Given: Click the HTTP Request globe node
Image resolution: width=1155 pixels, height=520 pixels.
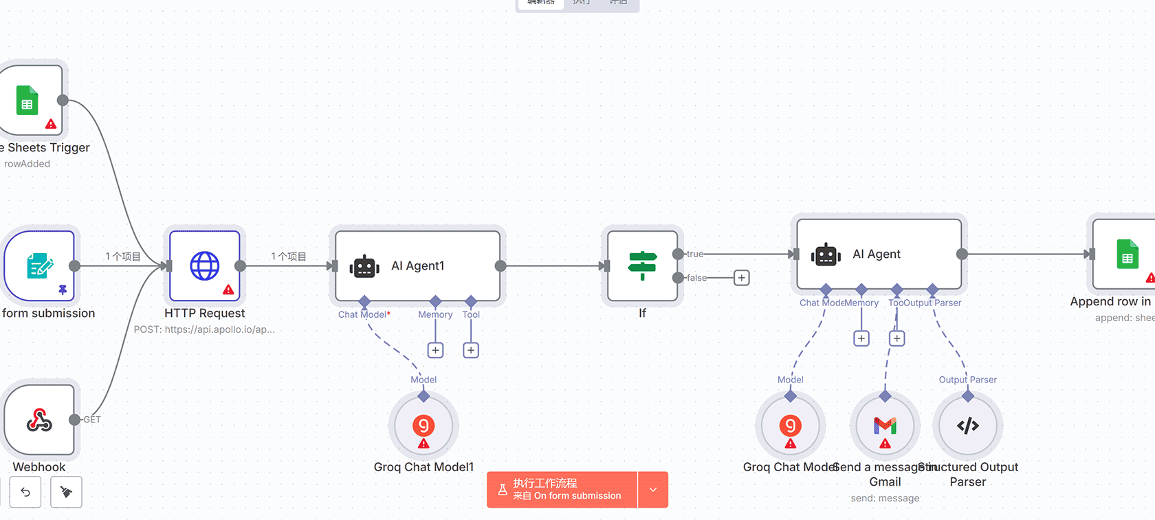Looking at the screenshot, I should click(x=205, y=266).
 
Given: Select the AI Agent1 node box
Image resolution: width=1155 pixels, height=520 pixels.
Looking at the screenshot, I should click(x=417, y=266).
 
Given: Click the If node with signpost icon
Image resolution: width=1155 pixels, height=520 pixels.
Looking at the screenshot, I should click(x=642, y=266).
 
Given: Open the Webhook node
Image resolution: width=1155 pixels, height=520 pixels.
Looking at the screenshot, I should click(x=39, y=420).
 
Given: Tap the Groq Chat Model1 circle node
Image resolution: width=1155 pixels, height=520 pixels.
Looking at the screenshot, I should click(x=423, y=426).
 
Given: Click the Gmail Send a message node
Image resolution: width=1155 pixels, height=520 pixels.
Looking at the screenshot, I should click(x=885, y=426).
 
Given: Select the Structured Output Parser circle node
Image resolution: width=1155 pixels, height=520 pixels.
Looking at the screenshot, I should click(x=967, y=426).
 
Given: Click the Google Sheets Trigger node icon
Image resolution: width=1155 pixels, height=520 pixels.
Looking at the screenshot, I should click(x=27, y=100).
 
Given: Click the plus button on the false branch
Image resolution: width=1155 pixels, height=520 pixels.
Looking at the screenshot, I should click(x=741, y=278).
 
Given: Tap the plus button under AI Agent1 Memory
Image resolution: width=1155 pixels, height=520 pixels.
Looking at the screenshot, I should click(x=435, y=350).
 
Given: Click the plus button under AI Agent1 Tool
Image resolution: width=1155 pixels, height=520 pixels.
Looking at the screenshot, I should click(x=471, y=350).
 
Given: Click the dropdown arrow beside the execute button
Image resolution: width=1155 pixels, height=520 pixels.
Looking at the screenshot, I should click(x=653, y=490).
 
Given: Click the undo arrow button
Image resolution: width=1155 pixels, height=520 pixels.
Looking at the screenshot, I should click(x=25, y=492).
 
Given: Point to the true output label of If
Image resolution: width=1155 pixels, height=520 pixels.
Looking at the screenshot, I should click(x=695, y=254).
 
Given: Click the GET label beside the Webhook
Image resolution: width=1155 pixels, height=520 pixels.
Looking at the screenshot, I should click(x=92, y=420).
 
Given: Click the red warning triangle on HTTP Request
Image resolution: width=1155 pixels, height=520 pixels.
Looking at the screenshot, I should click(x=228, y=290).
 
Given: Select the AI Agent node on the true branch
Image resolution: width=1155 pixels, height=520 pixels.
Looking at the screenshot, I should click(x=879, y=254).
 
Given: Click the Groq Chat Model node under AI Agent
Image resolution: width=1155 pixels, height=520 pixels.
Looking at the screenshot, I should click(x=791, y=426).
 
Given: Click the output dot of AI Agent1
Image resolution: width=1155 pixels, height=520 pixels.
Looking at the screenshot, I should click(x=500, y=266).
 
